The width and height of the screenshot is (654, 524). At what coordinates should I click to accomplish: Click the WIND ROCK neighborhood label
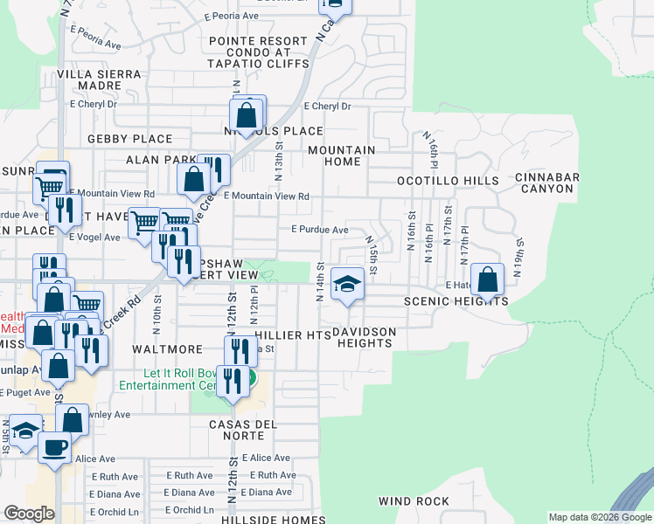[x=414, y=501]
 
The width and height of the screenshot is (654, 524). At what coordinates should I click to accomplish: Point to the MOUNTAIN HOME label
[x=341, y=156]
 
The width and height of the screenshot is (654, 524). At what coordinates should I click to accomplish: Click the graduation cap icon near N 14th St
[x=347, y=283]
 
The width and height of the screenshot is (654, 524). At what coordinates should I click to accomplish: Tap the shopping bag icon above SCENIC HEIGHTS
[x=488, y=279]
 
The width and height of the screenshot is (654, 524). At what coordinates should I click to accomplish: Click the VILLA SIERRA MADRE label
[x=100, y=80]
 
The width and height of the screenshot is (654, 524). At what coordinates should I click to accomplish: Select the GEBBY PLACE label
[x=129, y=139]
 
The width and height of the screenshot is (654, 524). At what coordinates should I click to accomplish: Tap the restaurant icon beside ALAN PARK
[x=213, y=169]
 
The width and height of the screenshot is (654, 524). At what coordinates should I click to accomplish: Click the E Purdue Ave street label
[x=320, y=230]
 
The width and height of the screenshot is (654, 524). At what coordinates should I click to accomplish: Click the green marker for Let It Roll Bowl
[x=250, y=379]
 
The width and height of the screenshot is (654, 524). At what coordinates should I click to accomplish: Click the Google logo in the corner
[x=28, y=514]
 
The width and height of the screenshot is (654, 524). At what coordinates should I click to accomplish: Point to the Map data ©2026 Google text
[x=599, y=517]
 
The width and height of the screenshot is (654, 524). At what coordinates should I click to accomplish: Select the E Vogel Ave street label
[x=95, y=237]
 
